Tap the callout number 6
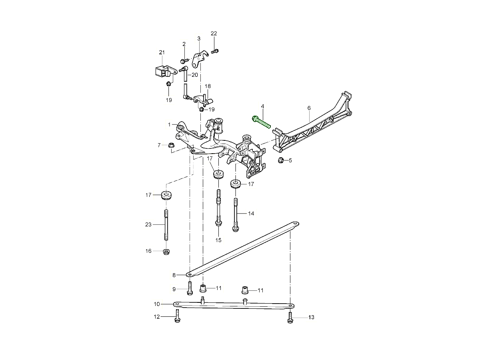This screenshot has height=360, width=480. pyautogui.click(x=309, y=108)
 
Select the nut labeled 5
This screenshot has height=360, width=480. pyautogui.click(x=281, y=161)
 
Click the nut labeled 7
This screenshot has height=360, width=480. pyautogui.click(x=171, y=145)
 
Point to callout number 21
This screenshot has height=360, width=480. pyautogui.click(x=162, y=52)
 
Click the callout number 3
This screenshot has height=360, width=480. pyautogui.click(x=198, y=38)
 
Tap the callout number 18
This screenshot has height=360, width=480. pyautogui.click(x=208, y=86)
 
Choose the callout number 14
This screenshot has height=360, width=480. pyautogui.click(x=251, y=214)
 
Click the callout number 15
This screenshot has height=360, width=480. pyautogui.click(x=218, y=240)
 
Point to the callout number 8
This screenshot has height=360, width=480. pyautogui.click(x=174, y=275)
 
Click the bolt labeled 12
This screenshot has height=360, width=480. pyautogui.click(x=177, y=318)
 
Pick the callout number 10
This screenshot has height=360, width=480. pyautogui.click(x=157, y=304)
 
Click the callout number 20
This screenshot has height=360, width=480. pyautogui.click(x=194, y=75)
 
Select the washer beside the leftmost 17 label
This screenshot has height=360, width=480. pyautogui.click(x=166, y=196)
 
